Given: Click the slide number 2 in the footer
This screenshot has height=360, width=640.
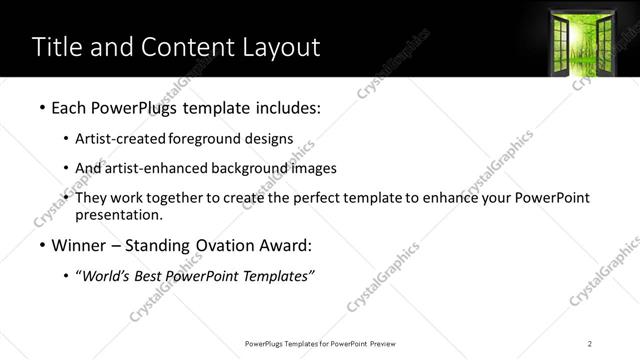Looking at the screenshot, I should tap(591, 344).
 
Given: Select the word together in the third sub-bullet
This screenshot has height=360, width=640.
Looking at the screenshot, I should tap(176, 198).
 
